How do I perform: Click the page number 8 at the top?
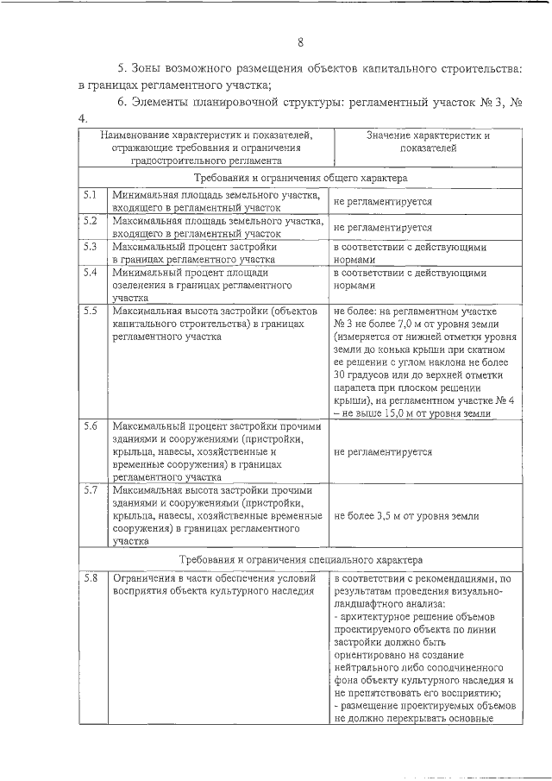click(300, 43)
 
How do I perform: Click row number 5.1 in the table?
click(89, 197)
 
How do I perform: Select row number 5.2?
click(89, 221)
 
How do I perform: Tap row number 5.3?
click(89, 246)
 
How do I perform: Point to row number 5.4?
click(89, 272)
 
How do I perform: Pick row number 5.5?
click(89, 310)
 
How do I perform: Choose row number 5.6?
click(89, 426)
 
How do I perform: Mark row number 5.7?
click(89, 490)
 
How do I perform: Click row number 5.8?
click(89, 577)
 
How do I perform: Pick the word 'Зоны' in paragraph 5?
click(150, 67)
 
